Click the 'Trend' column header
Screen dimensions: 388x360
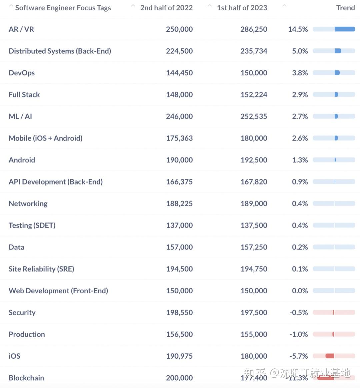point(345,8)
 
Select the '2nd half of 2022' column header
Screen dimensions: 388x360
point(166,8)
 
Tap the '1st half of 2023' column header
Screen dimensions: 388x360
point(242,8)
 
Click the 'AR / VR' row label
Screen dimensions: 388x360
point(21,29)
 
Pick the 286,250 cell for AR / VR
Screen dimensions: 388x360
point(254,29)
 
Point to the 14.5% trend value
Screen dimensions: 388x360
point(298,29)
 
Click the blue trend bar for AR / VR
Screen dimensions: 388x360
point(344,29)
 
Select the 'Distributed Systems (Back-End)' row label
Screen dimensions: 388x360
point(60,51)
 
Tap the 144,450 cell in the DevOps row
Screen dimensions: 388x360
point(179,73)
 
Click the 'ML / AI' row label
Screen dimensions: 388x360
point(20,116)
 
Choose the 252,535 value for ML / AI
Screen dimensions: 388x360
point(254,116)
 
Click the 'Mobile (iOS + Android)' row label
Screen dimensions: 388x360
point(45,138)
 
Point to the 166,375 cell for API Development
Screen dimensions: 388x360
point(179,182)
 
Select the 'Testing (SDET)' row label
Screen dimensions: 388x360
point(32,225)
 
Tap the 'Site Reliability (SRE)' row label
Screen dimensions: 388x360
point(41,269)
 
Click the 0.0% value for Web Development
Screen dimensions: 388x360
point(300,291)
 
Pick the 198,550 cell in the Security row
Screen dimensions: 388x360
point(179,313)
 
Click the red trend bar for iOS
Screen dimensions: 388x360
point(330,356)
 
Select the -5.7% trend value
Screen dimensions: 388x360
point(299,356)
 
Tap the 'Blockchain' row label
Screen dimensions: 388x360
point(26,378)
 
